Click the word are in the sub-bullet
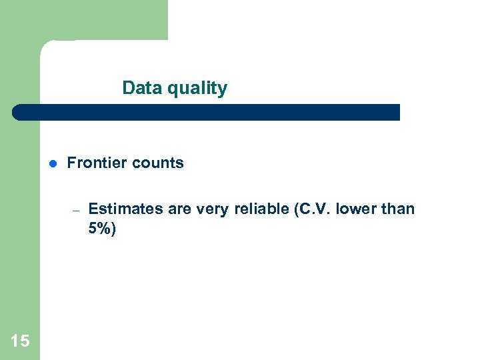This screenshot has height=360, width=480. [179, 209]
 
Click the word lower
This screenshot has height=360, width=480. [355, 209]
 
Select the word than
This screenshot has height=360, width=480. [398, 209]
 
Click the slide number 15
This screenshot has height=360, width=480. [20, 341]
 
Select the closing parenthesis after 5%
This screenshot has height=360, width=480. [113, 230]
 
